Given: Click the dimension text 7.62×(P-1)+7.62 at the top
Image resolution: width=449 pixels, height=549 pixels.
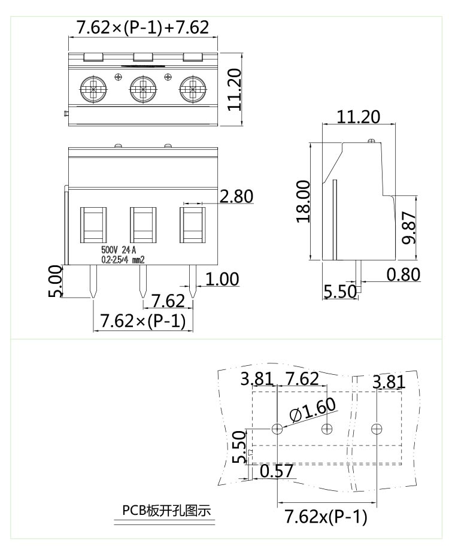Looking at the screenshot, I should click(x=142, y=28).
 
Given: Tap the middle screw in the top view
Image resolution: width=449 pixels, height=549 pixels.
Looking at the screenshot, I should click(x=143, y=90).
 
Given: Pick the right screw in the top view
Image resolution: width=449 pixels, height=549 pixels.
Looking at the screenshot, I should click(x=192, y=90).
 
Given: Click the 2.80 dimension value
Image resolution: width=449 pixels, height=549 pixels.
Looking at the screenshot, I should click(x=236, y=196).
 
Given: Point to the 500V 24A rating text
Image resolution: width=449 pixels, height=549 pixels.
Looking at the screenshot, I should click(x=119, y=250).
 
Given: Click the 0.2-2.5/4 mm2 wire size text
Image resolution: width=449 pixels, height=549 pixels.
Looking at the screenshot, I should click(x=123, y=260).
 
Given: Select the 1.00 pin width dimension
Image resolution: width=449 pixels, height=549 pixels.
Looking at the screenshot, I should click(x=222, y=279).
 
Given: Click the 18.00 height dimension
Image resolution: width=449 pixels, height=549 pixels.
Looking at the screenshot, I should click(x=304, y=201).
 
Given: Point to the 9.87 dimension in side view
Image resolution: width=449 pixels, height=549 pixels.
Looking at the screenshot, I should click(x=409, y=228).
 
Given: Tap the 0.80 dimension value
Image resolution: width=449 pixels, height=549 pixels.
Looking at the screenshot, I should click(x=403, y=274).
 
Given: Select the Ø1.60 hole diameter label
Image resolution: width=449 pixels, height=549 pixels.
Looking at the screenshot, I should click(x=312, y=411).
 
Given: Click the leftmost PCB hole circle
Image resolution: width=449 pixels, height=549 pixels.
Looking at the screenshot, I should click(x=278, y=429).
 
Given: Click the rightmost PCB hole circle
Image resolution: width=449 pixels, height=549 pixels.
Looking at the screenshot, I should click(x=376, y=429).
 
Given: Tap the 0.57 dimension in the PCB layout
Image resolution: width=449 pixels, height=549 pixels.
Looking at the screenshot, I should click(x=277, y=471).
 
